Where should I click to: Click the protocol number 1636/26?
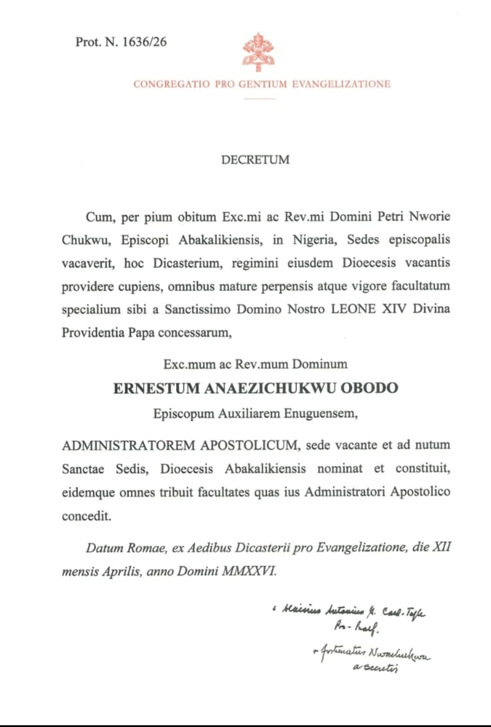coord(144,42)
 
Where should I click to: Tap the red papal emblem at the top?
coord(258,52)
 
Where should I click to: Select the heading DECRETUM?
coord(255,160)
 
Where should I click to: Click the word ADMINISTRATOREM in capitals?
coord(129,445)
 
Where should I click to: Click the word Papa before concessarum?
coord(150,333)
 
